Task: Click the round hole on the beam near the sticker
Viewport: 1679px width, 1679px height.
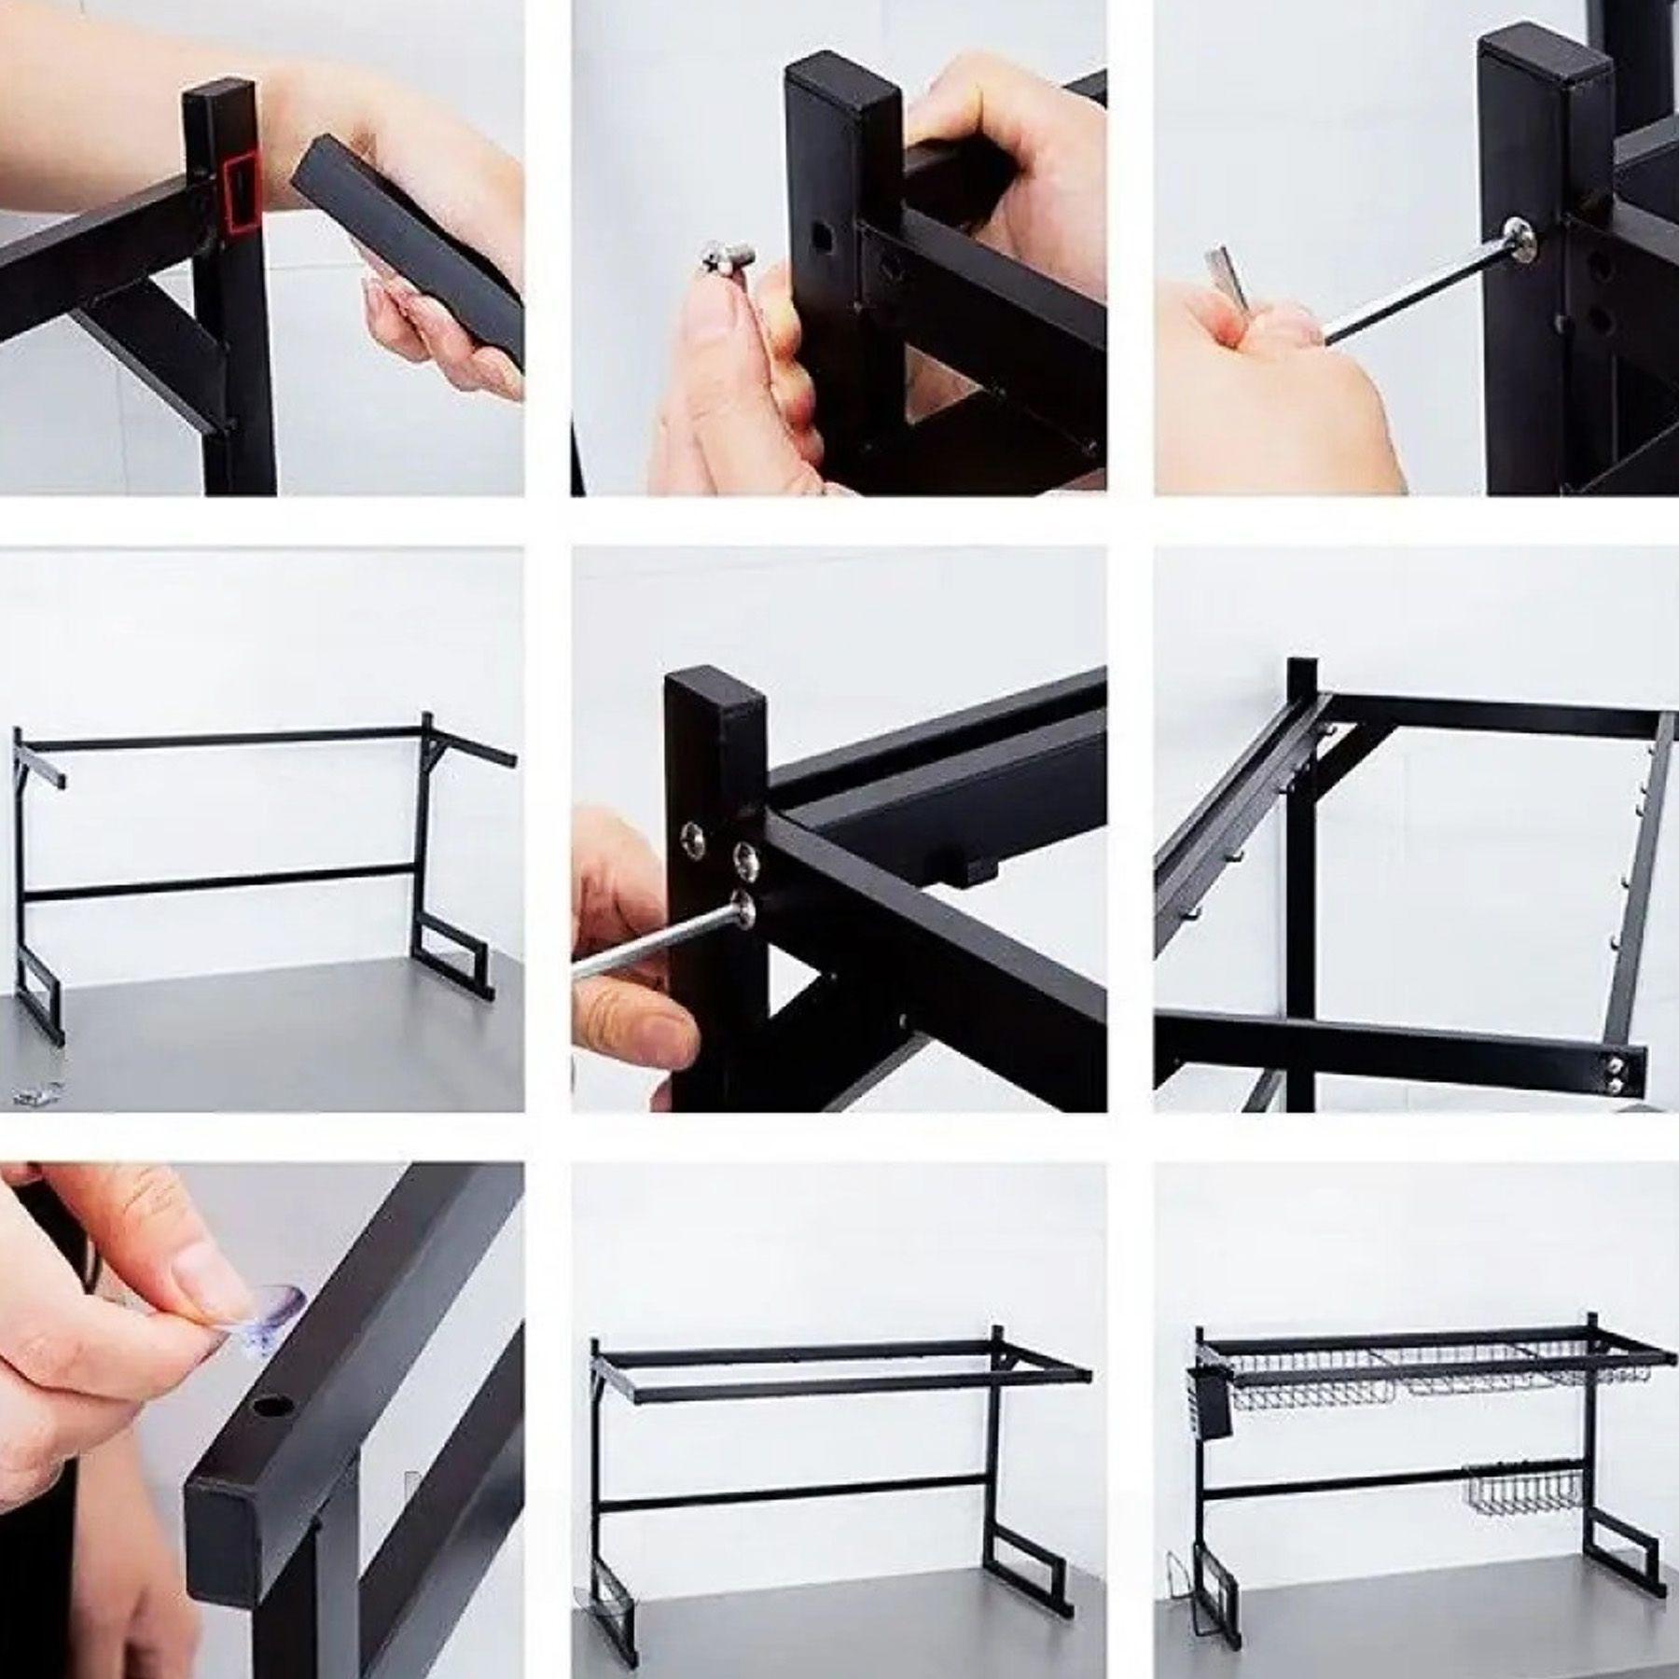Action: tap(273, 1429)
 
